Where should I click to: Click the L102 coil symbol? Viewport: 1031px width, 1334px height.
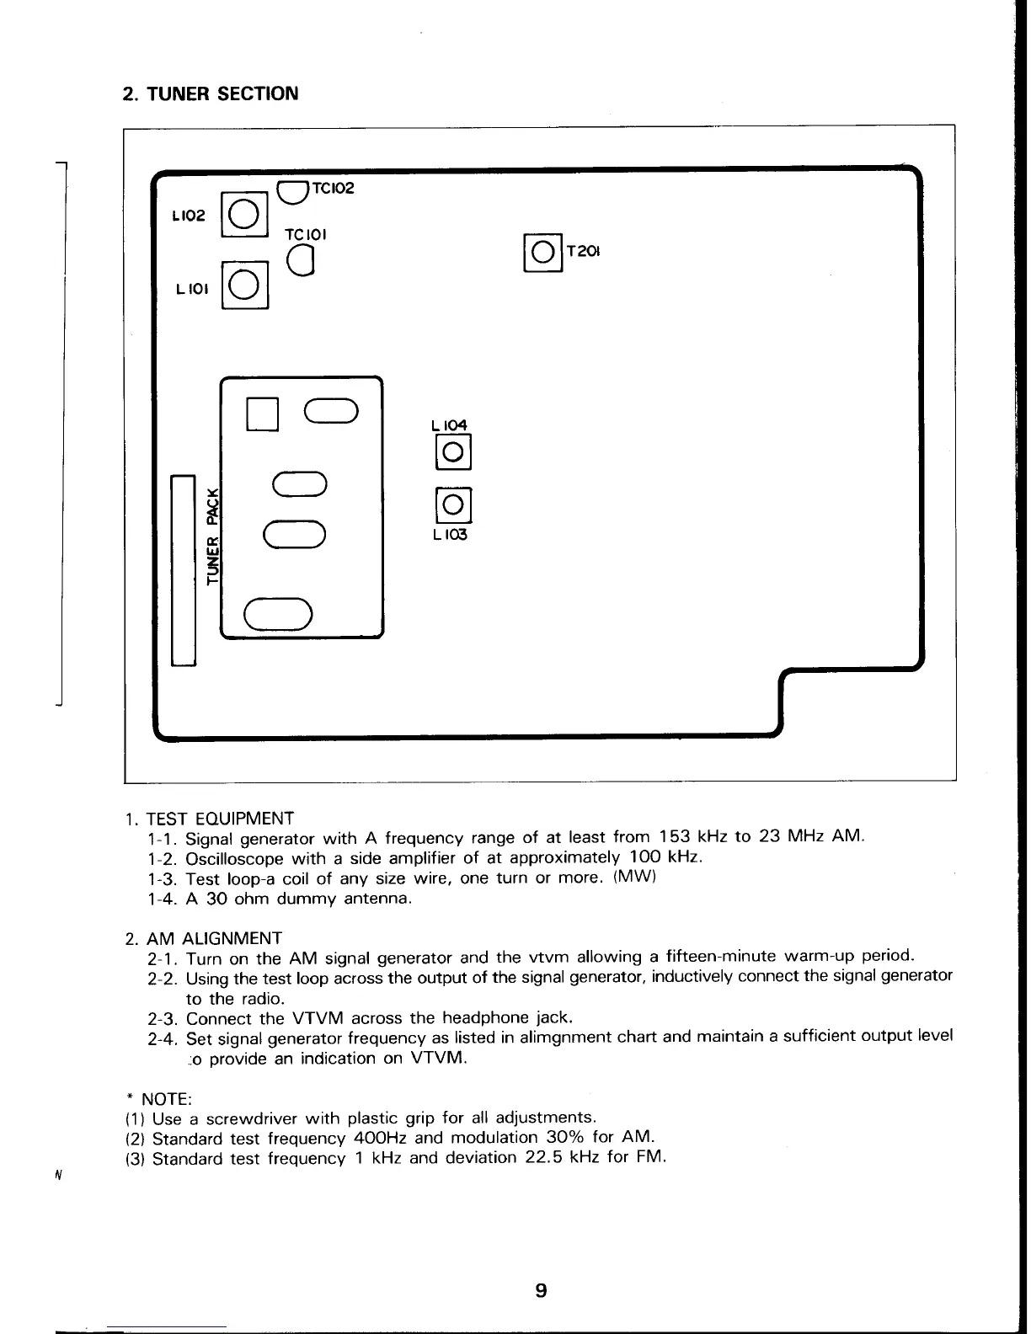click(x=243, y=215)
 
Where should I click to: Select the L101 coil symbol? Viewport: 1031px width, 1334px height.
click(x=243, y=287)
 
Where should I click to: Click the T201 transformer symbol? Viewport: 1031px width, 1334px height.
click(x=544, y=252)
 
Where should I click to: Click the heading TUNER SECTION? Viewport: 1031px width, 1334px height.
click(x=210, y=93)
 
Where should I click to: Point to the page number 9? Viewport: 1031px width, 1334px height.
click(x=541, y=1289)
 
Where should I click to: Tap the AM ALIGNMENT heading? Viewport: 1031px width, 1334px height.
click(x=214, y=938)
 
